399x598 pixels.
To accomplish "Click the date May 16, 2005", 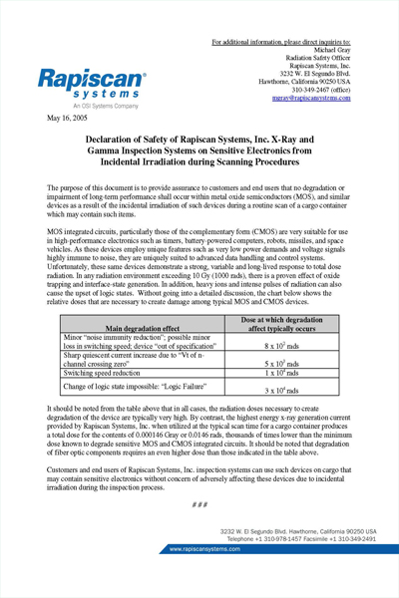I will [x=68, y=118].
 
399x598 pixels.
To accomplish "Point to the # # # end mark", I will [x=199, y=504].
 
